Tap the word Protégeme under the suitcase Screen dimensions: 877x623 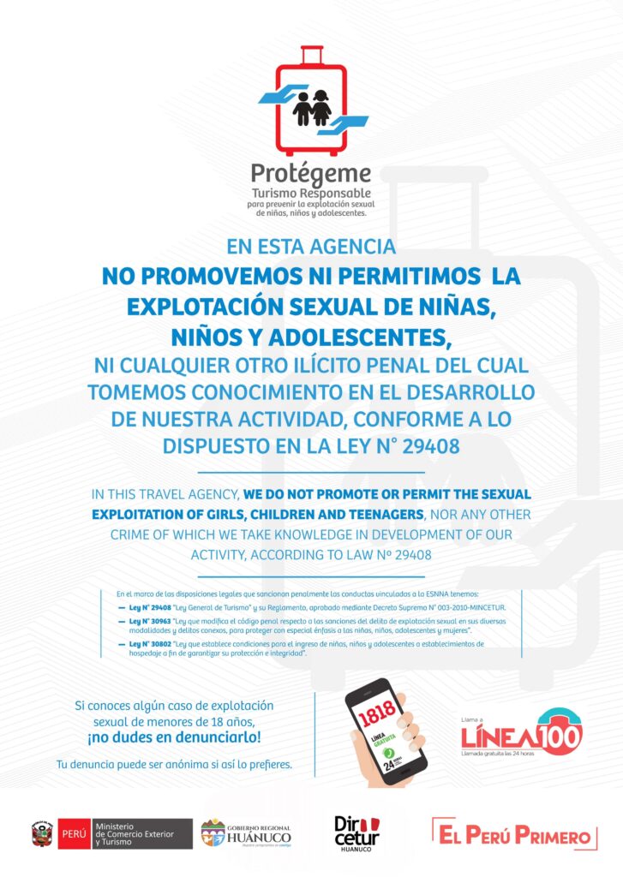coord(311,175)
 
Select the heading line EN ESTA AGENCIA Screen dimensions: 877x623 coord(311,248)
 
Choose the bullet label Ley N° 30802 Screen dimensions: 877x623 coord(149,642)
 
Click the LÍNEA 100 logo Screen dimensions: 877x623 coord(521,734)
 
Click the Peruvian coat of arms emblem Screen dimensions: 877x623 coord(42,833)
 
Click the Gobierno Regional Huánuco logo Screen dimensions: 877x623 coord(245,833)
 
